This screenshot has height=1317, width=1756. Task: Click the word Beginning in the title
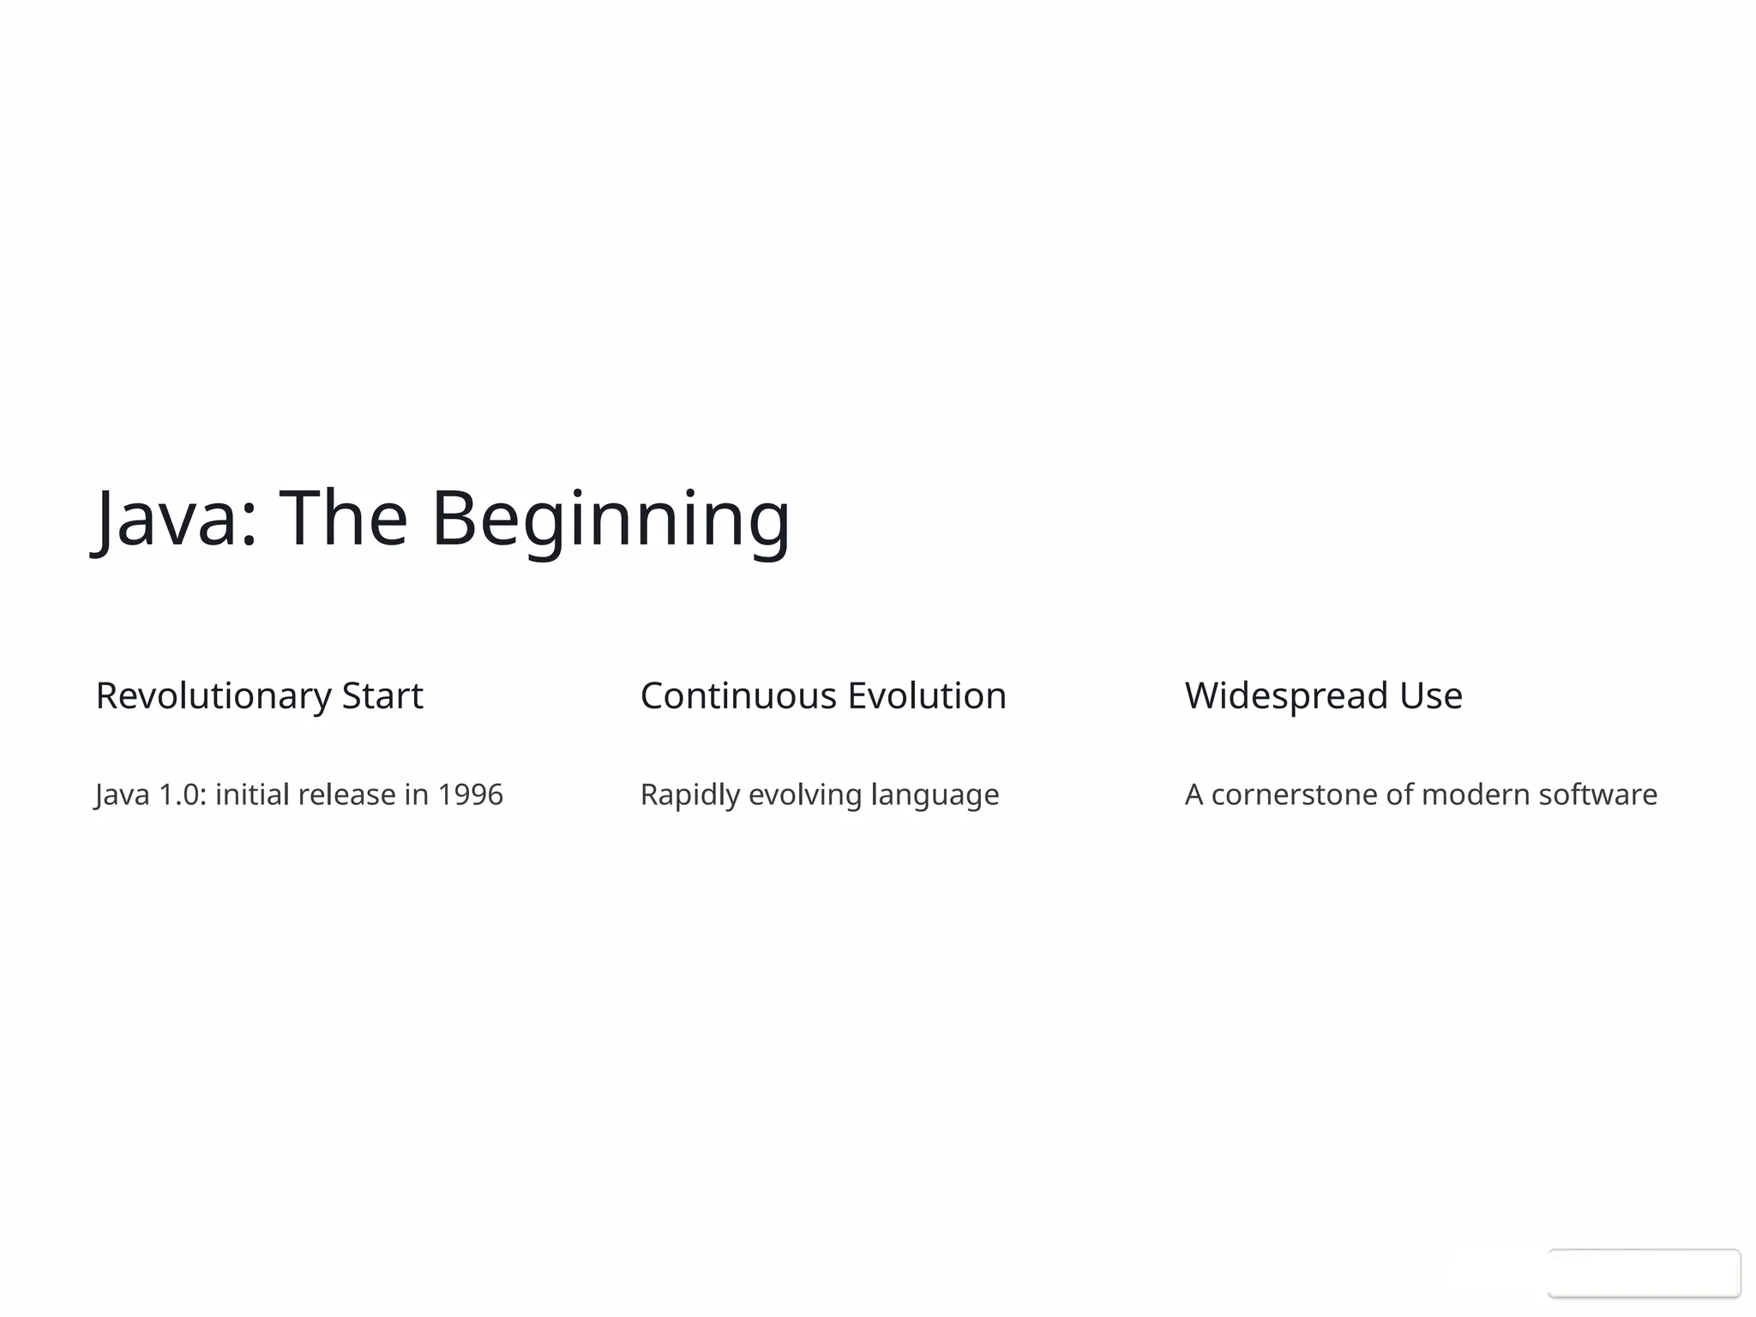tap(610, 520)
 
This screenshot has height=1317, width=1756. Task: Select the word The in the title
tap(344, 518)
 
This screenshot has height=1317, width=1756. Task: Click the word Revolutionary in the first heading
tap(213, 696)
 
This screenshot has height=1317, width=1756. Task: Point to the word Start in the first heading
tap(382, 696)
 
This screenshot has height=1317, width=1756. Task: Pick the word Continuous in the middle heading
tap(738, 696)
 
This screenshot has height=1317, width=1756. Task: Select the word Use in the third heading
tap(1431, 696)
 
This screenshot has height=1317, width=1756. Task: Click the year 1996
tap(470, 795)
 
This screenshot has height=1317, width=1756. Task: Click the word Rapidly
tap(689, 796)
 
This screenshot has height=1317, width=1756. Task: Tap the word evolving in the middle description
tap(805, 796)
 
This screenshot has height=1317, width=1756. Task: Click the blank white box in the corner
tap(1644, 1273)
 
